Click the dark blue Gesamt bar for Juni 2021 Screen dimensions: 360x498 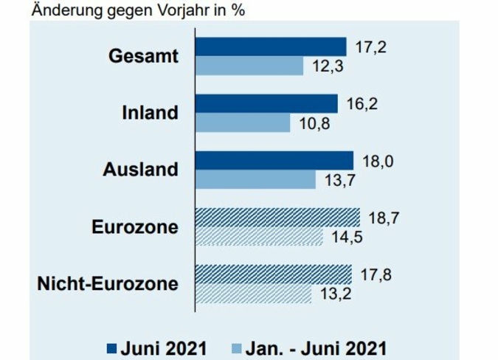(270, 46)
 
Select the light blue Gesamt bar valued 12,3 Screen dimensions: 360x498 (249, 66)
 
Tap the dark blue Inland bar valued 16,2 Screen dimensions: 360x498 (266, 103)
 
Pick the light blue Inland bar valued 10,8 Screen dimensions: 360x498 (243, 122)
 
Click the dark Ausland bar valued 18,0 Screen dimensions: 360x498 (274, 160)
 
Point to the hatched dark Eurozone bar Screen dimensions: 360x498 (277, 217)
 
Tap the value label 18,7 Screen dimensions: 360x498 (382, 217)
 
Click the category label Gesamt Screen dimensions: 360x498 (144, 56)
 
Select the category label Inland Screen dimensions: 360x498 (151, 113)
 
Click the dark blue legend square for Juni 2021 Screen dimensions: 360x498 (111, 346)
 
